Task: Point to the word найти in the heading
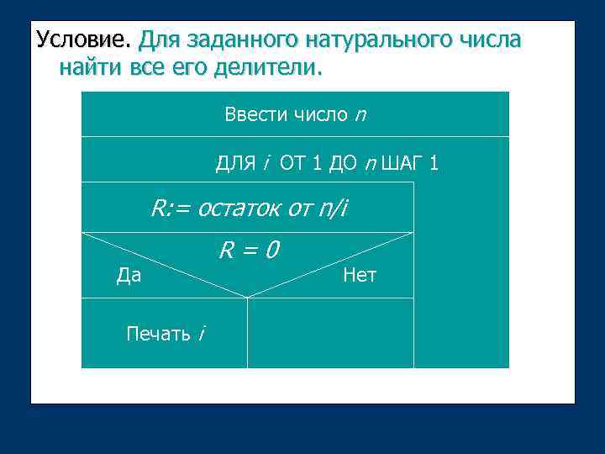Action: pyautogui.click(x=92, y=67)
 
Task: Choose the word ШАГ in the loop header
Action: pyautogui.click(x=400, y=163)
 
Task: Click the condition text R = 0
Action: pyautogui.click(x=250, y=250)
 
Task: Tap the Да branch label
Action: pyautogui.click(x=129, y=275)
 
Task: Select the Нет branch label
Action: pyautogui.click(x=360, y=275)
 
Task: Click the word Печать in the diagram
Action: pyautogui.click(x=158, y=334)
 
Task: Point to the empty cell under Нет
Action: pyautogui.click(x=330, y=333)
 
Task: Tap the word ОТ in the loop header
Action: pyautogui.click(x=292, y=163)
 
